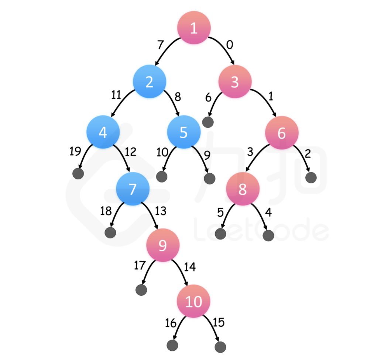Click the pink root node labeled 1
click(x=194, y=28)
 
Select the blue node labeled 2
click(x=150, y=82)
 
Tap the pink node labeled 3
click(x=235, y=82)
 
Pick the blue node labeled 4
click(x=103, y=132)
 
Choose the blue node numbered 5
click(x=183, y=132)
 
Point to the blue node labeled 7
click(x=133, y=189)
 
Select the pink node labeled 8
click(x=242, y=189)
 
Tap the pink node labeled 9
click(x=163, y=245)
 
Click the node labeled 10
click(x=193, y=301)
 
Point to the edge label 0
click(x=229, y=45)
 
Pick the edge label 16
click(x=171, y=323)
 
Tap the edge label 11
click(x=116, y=95)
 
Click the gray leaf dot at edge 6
click(x=208, y=122)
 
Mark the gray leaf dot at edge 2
click(x=311, y=177)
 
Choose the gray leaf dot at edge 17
click(x=141, y=290)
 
